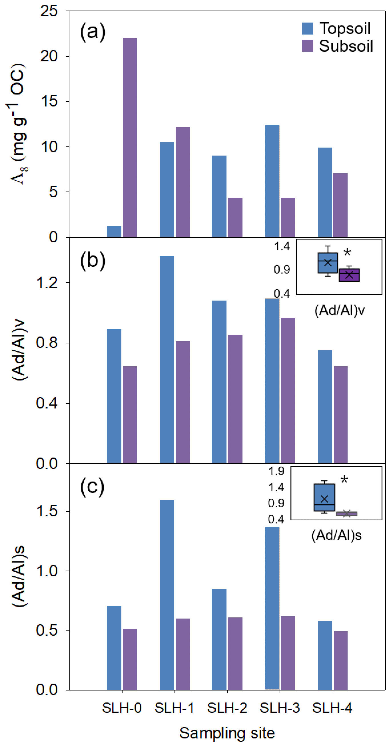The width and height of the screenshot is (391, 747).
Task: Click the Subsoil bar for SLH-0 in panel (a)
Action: (x=130, y=138)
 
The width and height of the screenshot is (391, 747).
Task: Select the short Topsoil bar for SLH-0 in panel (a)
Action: (x=114, y=232)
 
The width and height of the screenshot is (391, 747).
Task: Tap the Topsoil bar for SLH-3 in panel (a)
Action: (x=272, y=181)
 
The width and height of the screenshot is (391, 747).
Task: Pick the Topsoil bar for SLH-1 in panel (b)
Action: (x=167, y=360)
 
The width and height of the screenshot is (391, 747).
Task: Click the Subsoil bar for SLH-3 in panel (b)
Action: (x=288, y=390)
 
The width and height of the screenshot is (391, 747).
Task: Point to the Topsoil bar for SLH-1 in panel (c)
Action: (x=167, y=595)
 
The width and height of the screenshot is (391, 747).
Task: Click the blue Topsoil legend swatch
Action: (x=308, y=29)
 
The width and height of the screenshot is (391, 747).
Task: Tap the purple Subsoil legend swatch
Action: (x=308, y=46)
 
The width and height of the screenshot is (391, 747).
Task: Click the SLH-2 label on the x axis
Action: (x=227, y=708)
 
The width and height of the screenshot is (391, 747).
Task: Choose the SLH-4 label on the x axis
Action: (x=332, y=708)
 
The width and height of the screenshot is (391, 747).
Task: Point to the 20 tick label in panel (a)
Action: (x=49, y=56)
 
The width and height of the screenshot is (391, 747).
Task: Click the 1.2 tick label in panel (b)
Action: (x=46, y=283)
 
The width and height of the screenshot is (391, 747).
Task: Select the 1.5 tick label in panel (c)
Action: (x=46, y=511)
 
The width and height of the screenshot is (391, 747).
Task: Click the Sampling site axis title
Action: (x=227, y=733)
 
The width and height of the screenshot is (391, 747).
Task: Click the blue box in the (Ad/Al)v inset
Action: (x=328, y=263)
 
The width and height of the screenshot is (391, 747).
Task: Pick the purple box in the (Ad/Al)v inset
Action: (x=349, y=275)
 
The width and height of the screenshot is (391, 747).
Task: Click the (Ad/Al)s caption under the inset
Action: (x=336, y=535)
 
